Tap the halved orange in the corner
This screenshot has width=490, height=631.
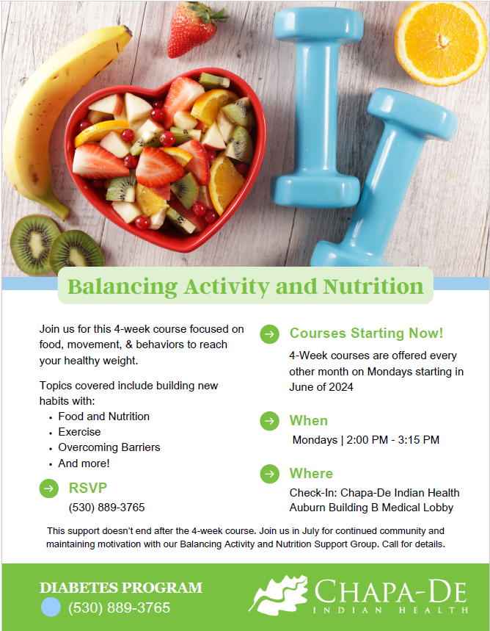[441, 43]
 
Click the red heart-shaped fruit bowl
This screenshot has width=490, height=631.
[165, 159]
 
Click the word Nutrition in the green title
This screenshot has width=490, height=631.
[373, 286]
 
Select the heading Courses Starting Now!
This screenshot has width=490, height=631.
[366, 333]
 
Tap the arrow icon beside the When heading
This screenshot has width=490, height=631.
[270, 421]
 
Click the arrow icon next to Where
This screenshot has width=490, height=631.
[270, 474]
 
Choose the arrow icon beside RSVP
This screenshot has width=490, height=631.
[49, 488]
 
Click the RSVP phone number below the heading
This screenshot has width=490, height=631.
[106, 508]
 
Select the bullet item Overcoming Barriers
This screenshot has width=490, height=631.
[109, 447]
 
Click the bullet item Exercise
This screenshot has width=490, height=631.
[79, 432]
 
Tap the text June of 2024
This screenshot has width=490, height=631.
[321, 387]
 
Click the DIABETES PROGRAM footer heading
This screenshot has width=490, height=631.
[121, 588]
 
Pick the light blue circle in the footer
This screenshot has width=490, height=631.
[51, 607]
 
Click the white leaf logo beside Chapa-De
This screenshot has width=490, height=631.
[278, 595]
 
